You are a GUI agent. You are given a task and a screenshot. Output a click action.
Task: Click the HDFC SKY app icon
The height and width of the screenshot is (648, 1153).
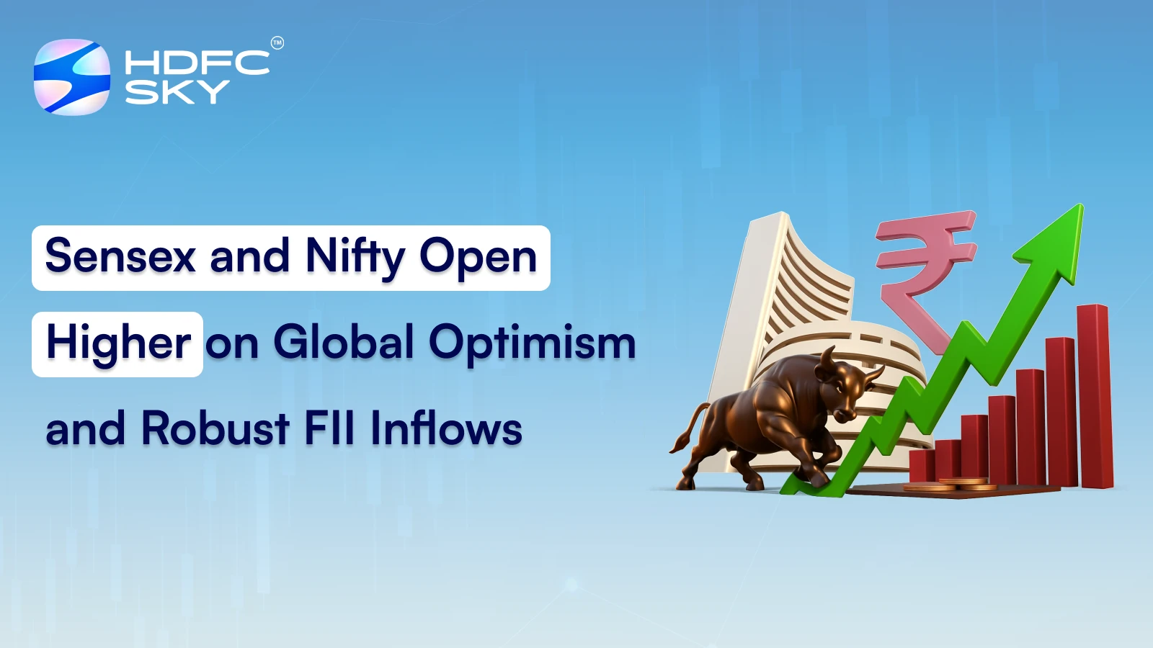(x=72, y=77)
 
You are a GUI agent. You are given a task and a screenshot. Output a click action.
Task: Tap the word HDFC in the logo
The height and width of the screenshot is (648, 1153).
(x=196, y=63)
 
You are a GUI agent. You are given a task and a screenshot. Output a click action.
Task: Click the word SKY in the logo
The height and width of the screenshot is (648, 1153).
(x=177, y=91)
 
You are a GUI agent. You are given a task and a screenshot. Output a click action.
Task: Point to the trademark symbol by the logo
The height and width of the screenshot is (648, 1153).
(x=277, y=43)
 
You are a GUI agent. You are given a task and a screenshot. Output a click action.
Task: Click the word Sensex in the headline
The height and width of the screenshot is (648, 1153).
(x=120, y=256)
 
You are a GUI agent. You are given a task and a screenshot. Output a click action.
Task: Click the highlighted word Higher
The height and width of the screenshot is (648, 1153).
(x=118, y=343)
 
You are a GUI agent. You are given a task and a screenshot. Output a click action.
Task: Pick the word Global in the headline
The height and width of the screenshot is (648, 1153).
(x=344, y=342)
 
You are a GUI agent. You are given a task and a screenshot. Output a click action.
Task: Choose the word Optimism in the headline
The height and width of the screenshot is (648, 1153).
(x=533, y=343)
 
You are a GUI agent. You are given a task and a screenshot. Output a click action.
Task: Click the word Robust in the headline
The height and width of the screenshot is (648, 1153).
(x=215, y=428)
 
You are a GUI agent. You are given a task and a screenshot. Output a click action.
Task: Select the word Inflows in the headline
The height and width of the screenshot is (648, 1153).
(x=446, y=428)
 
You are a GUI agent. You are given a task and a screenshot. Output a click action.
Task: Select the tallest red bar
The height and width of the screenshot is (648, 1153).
(x=1095, y=396)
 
